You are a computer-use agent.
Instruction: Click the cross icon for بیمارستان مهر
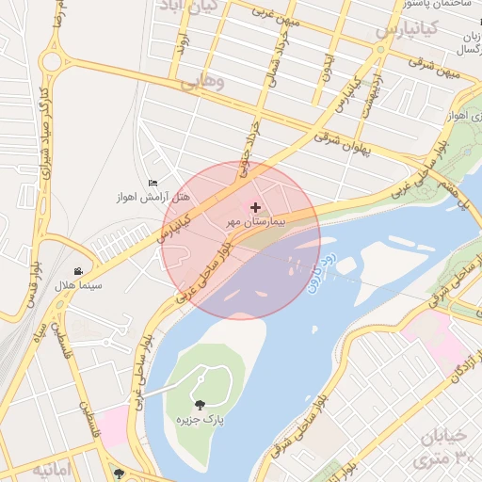(255, 206)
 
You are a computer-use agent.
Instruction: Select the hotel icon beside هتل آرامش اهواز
(153, 183)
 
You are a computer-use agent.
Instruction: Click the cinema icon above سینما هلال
(90, 270)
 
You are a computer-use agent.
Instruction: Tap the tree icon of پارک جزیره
(199, 404)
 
